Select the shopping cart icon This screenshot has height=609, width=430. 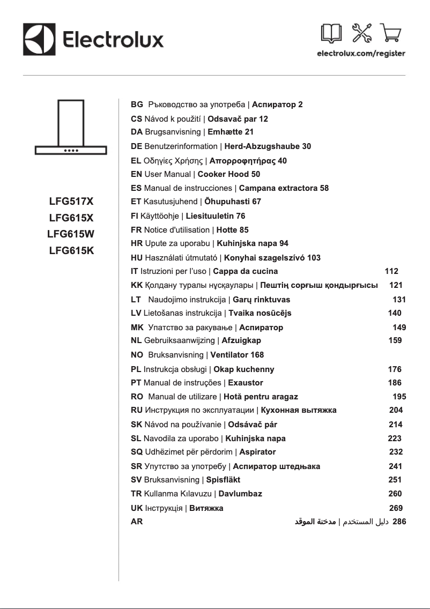(391, 33)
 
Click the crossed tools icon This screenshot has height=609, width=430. (361, 33)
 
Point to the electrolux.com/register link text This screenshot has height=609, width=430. (361, 54)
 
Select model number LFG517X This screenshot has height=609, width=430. (71, 202)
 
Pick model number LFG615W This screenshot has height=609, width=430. (71, 234)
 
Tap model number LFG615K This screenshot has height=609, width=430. (71, 250)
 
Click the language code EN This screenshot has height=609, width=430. (137, 174)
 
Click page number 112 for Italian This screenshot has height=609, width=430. (392, 271)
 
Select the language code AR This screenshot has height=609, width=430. (137, 522)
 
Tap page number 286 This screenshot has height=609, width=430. (399, 521)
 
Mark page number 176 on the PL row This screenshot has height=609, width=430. (395, 369)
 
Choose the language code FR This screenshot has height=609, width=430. (136, 230)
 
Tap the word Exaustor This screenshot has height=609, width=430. (246, 383)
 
